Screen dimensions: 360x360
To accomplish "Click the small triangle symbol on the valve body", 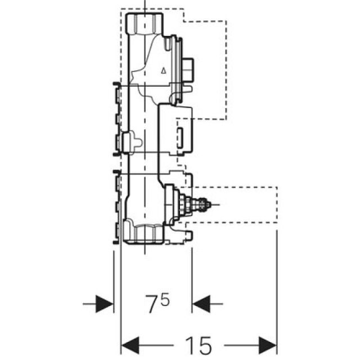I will click(x=163, y=70).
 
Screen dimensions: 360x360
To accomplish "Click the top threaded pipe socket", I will click(x=144, y=24).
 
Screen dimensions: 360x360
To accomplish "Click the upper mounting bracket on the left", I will click(x=117, y=118).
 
